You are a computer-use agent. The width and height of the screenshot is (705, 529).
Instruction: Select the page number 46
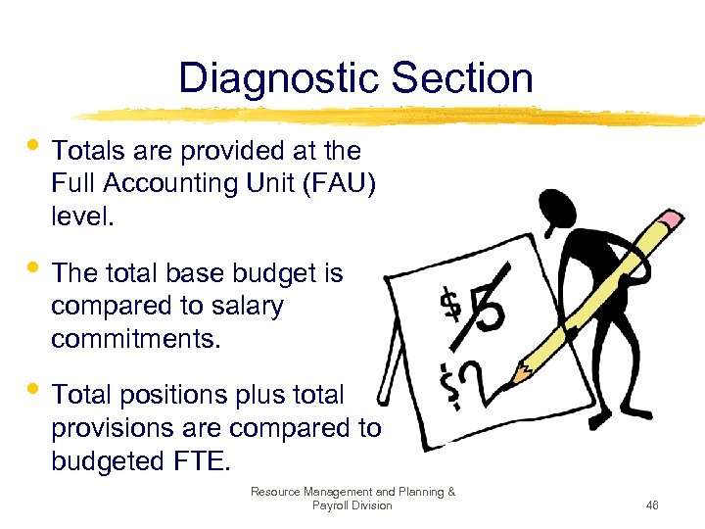pyautogui.click(x=652, y=505)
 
